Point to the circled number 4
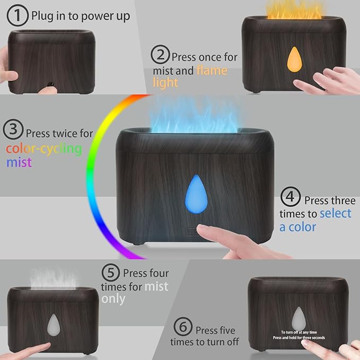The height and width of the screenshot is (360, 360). [290, 198]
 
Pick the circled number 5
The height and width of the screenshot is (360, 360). [110, 274]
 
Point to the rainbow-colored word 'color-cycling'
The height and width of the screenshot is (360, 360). [44, 148]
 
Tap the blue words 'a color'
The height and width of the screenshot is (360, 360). [297, 227]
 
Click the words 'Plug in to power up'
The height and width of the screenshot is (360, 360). [81, 16]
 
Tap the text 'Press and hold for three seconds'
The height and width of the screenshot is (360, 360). [299, 337]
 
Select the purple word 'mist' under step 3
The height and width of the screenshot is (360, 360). [19, 162]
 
